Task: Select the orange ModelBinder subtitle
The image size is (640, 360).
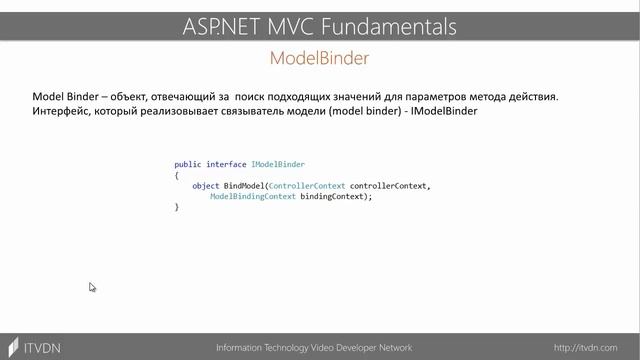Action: [x=319, y=58]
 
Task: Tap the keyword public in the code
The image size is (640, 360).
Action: [x=187, y=164]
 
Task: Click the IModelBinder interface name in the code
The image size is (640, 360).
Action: [x=279, y=164]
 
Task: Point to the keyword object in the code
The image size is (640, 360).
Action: [x=205, y=186]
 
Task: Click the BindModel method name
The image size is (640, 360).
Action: [x=245, y=186]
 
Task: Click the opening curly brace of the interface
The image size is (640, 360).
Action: [x=176, y=175]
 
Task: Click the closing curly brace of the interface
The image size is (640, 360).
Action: [x=176, y=208]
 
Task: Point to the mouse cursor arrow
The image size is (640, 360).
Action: [x=91, y=286]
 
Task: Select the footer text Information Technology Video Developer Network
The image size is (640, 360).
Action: [x=314, y=348]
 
